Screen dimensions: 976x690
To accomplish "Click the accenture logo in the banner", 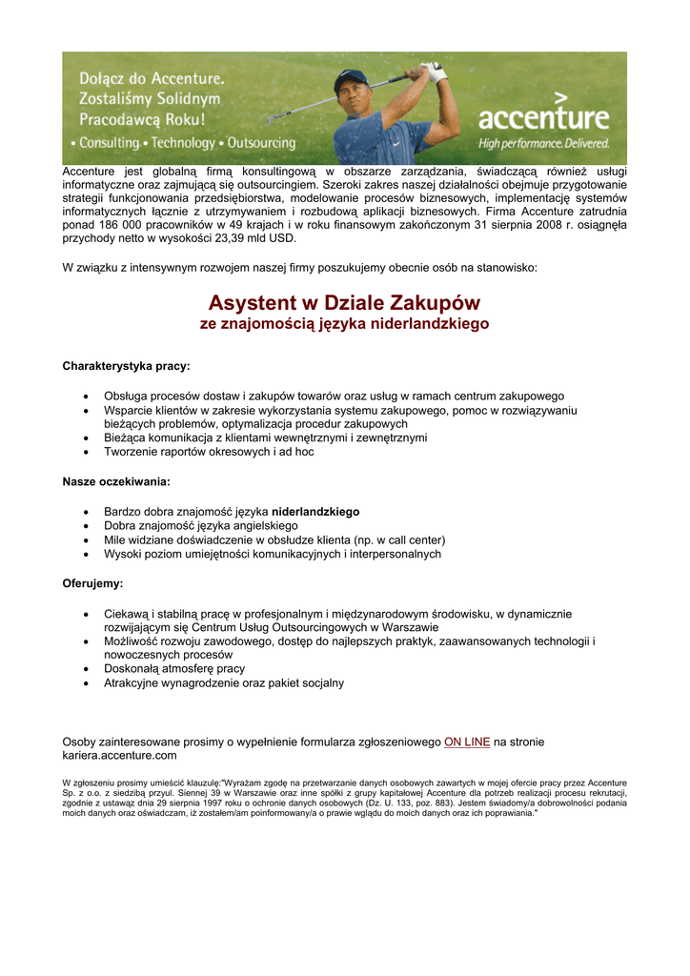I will (543, 117).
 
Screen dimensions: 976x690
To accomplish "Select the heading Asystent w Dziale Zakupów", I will (344, 303).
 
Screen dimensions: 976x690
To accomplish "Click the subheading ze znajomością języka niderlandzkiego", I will (344, 325).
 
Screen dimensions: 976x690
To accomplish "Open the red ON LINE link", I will (467, 742).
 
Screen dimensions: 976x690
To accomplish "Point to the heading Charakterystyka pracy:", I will (126, 366).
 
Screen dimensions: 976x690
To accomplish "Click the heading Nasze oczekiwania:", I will (116, 482).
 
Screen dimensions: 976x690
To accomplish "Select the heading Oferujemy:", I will (92, 582).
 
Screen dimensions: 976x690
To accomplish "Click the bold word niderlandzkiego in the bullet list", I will (315, 512).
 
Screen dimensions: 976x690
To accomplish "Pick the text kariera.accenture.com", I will (119, 756).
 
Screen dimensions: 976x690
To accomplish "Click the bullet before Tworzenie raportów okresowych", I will (87, 453).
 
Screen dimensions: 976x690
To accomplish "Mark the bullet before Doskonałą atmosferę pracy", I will (87, 669).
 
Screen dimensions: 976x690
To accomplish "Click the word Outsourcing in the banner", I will (260, 143).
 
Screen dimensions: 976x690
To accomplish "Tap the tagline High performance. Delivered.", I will (543, 143).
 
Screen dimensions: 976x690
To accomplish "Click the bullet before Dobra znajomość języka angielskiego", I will (87, 526).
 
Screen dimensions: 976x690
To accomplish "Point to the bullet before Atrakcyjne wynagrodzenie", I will (87, 683).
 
